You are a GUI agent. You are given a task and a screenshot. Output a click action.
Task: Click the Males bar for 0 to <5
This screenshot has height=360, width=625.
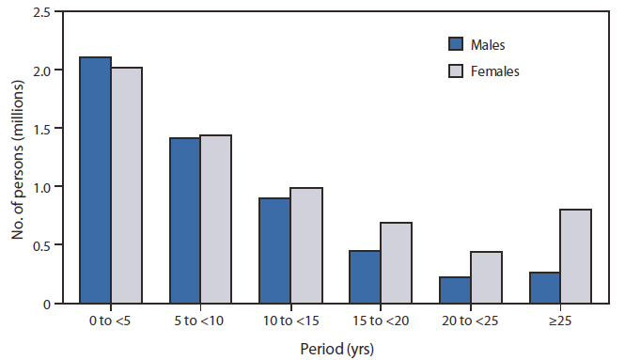97,180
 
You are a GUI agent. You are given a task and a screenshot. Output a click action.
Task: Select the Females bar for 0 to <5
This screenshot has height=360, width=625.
127,185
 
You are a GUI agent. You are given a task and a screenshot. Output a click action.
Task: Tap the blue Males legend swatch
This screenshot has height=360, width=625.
457,43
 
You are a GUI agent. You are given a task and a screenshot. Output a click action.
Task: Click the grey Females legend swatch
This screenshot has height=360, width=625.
457,70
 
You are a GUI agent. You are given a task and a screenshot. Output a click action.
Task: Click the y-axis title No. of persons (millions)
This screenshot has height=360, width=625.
17,157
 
